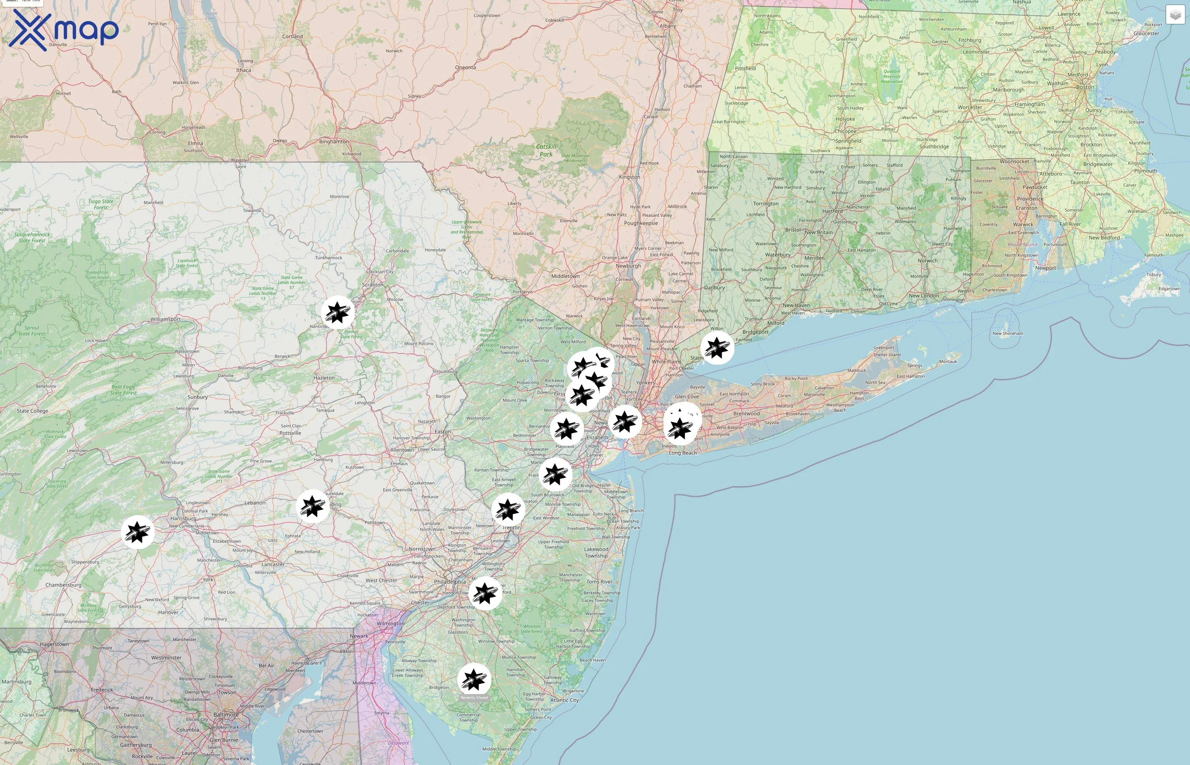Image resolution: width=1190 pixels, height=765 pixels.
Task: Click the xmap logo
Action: (x=64, y=30)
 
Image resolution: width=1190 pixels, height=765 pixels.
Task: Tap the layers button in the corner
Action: (x=1175, y=15)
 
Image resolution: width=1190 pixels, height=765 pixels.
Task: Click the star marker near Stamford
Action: (x=717, y=347)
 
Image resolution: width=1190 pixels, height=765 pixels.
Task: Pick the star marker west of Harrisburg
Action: (x=138, y=532)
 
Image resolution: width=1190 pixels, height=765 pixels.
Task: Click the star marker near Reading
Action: (x=312, y=506)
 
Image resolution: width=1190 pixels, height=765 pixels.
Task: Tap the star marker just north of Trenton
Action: (x=508, y=510)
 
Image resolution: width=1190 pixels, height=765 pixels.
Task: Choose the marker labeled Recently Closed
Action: (x=474, y=680)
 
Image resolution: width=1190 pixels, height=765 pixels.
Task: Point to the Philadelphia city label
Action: (x=450, y=582)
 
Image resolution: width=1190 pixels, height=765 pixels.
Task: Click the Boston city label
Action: (x=1085, y=87)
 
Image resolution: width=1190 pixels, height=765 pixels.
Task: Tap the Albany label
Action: (x=668, y=26)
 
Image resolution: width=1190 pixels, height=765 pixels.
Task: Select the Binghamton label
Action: (x=334, y=142)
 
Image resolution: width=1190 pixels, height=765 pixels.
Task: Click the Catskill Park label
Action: (x=546, y=150)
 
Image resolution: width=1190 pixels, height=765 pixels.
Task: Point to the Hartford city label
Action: (x=833, y=211)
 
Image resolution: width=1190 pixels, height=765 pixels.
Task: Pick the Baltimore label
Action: (x=226, y=715)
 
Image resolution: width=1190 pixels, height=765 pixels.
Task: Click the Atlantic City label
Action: (x=564, y=700)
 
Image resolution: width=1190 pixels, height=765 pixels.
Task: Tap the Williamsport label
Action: (x=165, y=320)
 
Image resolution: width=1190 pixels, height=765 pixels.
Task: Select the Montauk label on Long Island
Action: (x=948, y=361)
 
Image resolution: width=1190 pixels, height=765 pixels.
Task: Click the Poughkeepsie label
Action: (x=641, y=223)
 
